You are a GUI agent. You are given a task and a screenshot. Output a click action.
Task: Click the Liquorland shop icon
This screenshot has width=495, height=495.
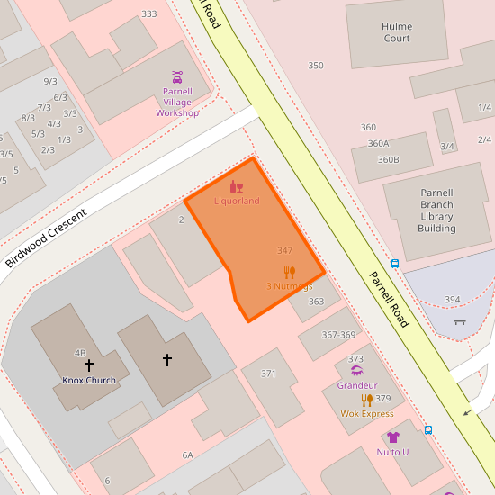point(237,186)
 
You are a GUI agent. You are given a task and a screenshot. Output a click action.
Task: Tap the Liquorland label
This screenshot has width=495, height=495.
point(237,201)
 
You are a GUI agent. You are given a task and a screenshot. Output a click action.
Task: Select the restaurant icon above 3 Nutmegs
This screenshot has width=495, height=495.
point(289,273)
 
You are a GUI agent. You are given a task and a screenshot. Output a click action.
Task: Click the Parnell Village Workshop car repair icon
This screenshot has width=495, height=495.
point(177,77)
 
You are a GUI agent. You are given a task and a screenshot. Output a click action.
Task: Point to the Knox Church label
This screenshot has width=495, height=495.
point(89,380)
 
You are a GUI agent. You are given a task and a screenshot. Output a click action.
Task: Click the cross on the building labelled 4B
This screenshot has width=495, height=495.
point(89,365)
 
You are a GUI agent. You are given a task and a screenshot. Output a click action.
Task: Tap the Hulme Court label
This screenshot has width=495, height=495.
point(397,32)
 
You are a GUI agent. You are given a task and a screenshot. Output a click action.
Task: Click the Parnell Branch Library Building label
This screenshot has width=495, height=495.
point(436,211)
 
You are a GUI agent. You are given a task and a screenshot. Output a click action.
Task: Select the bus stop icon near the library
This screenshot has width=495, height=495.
point(395,264)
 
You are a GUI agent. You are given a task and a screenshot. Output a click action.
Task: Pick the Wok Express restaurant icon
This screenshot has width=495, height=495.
point(367,400)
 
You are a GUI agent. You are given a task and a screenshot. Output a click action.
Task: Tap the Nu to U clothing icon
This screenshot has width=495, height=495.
point(392,437)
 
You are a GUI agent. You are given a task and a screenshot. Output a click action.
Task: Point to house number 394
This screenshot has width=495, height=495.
point(452,300)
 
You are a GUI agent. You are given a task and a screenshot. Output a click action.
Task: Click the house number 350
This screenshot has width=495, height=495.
point(316,66)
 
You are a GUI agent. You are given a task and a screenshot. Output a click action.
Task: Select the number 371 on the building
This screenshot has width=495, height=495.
point(268,373)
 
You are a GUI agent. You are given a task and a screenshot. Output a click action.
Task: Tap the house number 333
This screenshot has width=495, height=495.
point(148,13)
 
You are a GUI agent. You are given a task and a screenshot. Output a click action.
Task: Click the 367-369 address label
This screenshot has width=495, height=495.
point(338,335)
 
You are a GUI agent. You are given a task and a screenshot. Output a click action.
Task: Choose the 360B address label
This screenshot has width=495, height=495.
point(388,159)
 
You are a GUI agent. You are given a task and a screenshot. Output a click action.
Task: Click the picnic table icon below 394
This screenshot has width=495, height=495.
point(460,321)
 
